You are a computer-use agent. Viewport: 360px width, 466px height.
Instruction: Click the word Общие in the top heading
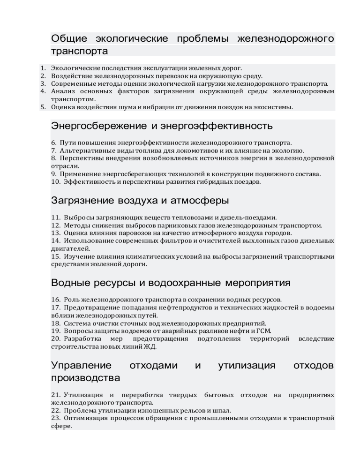click(x=69, y=38)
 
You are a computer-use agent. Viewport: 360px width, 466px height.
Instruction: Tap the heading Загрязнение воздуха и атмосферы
click(x=140, y=201)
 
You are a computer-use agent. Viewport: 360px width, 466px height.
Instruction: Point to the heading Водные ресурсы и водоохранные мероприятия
click(x=171, y=283)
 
